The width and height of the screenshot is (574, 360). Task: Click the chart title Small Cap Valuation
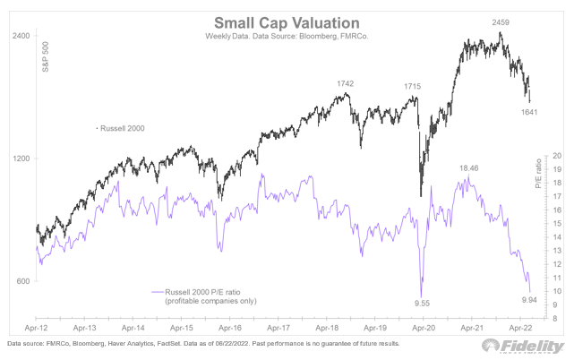[286, 21]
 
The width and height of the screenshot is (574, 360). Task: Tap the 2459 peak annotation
[500, 20]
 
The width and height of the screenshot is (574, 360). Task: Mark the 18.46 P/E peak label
[471, 167]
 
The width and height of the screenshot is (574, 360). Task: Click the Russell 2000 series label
[124, 128]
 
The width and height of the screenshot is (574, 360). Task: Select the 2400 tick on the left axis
[20, 36]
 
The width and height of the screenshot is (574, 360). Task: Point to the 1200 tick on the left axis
[20, 159]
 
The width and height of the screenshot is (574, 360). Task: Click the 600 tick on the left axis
[21, 281]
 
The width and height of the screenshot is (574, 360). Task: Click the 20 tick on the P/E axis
[556, 155]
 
